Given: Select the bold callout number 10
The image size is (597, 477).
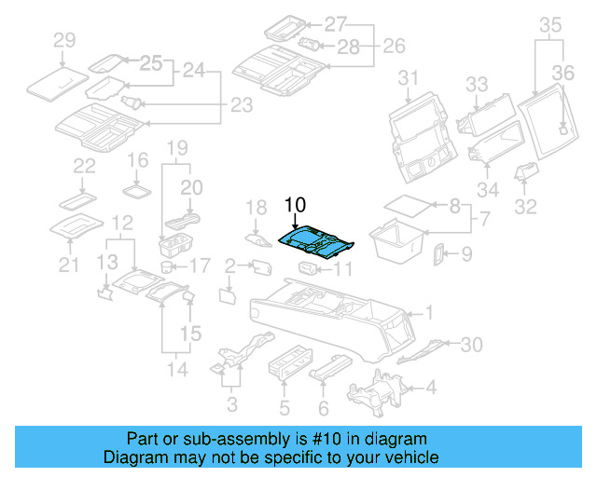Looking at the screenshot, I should click(295, 206).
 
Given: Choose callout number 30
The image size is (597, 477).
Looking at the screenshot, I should click(472, 345).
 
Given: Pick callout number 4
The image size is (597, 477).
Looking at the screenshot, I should click(430, 386).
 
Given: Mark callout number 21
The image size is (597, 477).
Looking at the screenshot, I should click(66, 266).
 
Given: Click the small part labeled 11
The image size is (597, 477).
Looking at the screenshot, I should click(309, 269).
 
